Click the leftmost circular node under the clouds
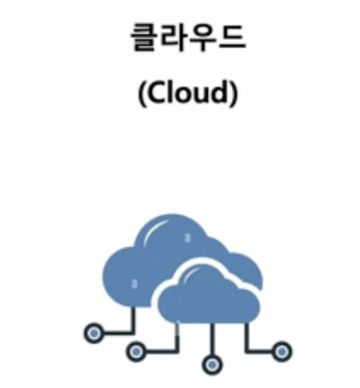(94, 333)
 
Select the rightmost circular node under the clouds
(282, 352)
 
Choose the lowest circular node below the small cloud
(212, 365)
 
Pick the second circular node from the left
(136, 351)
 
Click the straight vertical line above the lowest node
(212, 339)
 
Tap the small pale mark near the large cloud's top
(188, 237)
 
